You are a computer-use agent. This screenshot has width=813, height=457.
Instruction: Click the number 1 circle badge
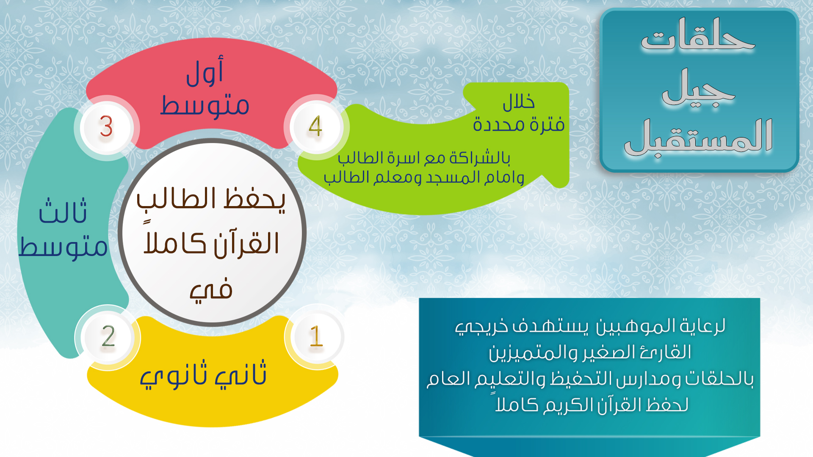[316, 337]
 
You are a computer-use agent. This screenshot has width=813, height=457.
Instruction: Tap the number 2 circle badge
[108, 337]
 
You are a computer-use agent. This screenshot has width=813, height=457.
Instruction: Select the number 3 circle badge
[107, 127]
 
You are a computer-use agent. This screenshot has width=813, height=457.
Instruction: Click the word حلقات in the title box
[698, 36]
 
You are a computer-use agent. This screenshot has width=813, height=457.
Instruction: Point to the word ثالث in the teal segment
[63, 211]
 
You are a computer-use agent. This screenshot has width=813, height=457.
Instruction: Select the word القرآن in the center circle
[246, 245]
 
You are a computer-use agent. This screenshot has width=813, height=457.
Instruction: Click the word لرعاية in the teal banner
[703, 326]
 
